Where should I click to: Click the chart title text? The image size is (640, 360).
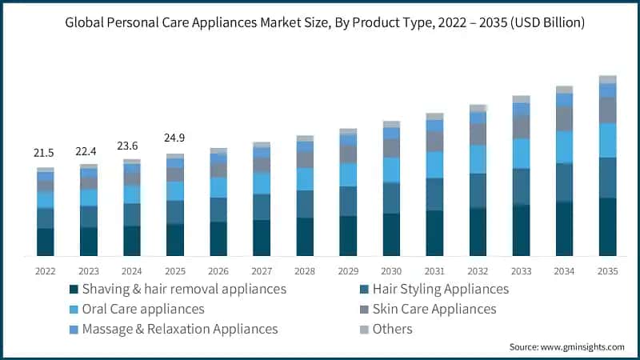[x=320, y=23]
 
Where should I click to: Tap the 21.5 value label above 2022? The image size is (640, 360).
[x=44, y=152]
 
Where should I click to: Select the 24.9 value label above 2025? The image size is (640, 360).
[x=175, y=138]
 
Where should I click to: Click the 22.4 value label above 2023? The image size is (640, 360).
[x=88, y=150]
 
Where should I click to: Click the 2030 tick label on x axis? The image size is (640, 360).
[x=391, y=271]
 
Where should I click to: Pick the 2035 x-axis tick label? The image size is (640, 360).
[x=608, y=271]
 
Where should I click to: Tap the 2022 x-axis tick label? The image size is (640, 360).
[x=45, y=271]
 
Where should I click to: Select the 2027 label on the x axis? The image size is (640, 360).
[x=262, y=271]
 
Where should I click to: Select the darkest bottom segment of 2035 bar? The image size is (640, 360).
[x=608, y=226]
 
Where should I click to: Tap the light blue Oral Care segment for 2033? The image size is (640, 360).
[x=522, y=153]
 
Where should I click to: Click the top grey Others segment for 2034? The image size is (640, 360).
[x=565, y=90]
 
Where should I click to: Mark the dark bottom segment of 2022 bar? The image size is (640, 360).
[x=45, y=242]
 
